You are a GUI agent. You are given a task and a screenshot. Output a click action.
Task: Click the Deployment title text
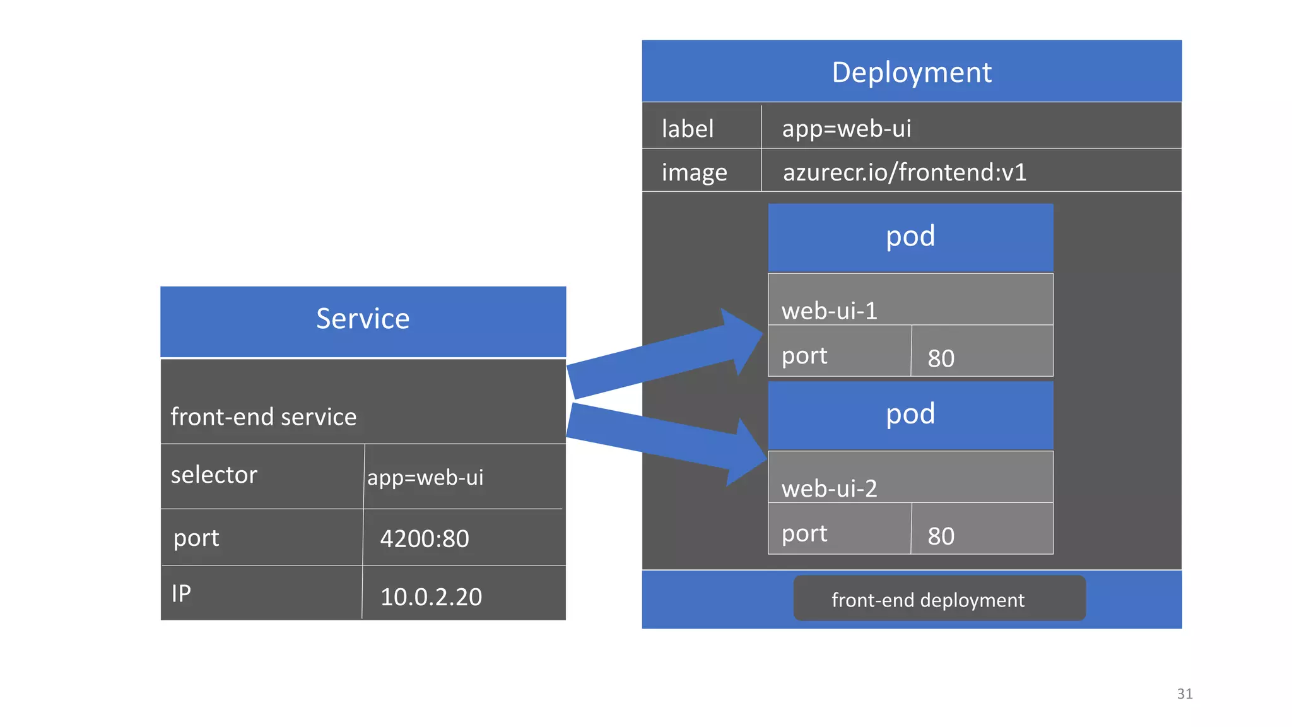911,73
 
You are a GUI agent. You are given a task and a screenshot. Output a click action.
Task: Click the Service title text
363,319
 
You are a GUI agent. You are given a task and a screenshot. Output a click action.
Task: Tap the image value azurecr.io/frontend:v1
904,172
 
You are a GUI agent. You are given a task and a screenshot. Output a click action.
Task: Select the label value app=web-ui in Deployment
846,129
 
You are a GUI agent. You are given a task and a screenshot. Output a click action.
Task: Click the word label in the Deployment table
687,129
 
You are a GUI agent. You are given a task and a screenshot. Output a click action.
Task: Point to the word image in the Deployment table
694,173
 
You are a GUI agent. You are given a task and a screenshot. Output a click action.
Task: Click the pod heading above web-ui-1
910,237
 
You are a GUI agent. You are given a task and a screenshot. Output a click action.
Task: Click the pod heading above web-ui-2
910,415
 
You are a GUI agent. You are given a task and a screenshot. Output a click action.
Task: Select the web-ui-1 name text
829,311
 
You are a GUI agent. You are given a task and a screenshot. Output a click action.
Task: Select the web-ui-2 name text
829,489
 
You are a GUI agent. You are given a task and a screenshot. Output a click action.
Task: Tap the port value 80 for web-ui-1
941,358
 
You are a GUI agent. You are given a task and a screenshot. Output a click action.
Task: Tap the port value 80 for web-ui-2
941,536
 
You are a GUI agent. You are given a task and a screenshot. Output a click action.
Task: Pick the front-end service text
263,417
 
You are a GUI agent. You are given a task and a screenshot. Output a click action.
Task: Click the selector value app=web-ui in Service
425,478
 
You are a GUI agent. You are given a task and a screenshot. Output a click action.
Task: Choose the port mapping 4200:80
424,539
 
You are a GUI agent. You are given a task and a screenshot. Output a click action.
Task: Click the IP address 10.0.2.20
431,597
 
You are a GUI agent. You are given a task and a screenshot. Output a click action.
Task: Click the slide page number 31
1184,694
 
